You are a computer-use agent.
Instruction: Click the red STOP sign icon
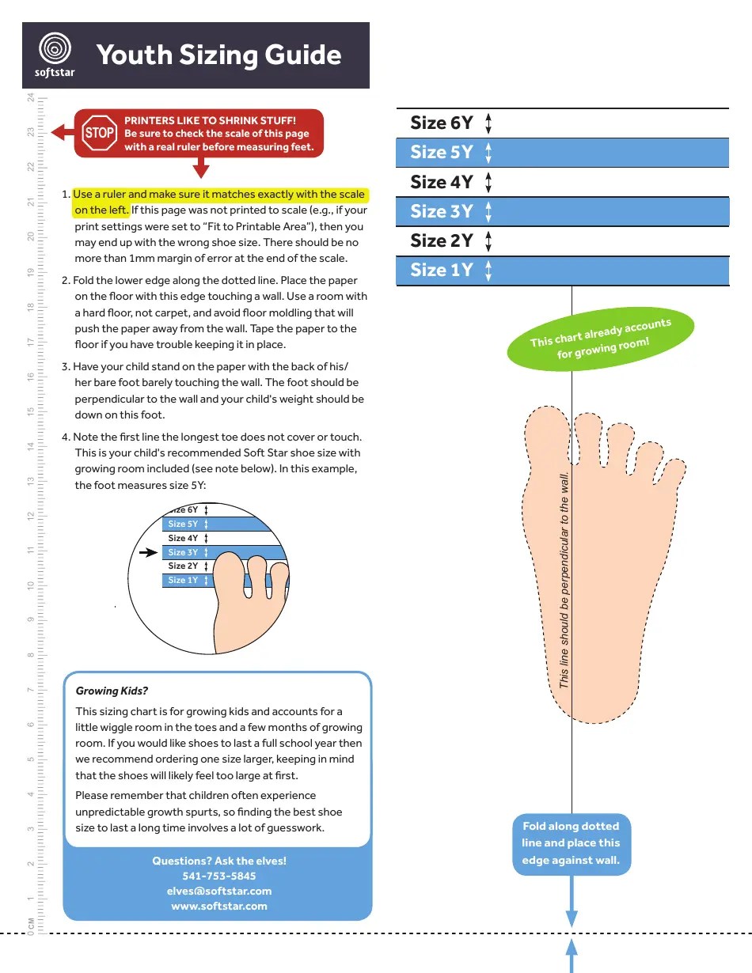[x=100, y=133]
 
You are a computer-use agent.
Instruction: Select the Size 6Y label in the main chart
[x=441, y=123]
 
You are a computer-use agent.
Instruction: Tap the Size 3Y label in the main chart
[x=441, y=211]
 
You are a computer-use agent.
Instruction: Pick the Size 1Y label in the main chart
[x=441, y=270]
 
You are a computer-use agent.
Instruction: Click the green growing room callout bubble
[x=600, y=341]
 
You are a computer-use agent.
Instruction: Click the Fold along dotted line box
[x=571, y=843]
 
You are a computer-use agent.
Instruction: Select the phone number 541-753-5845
[x=219, y=876]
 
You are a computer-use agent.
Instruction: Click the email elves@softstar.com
[x=219, y=891]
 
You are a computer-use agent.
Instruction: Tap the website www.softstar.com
[x=219, y=906]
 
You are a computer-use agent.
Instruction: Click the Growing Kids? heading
[x=112, y=691]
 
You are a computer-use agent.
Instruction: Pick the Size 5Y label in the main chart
[x=441, y=152]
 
